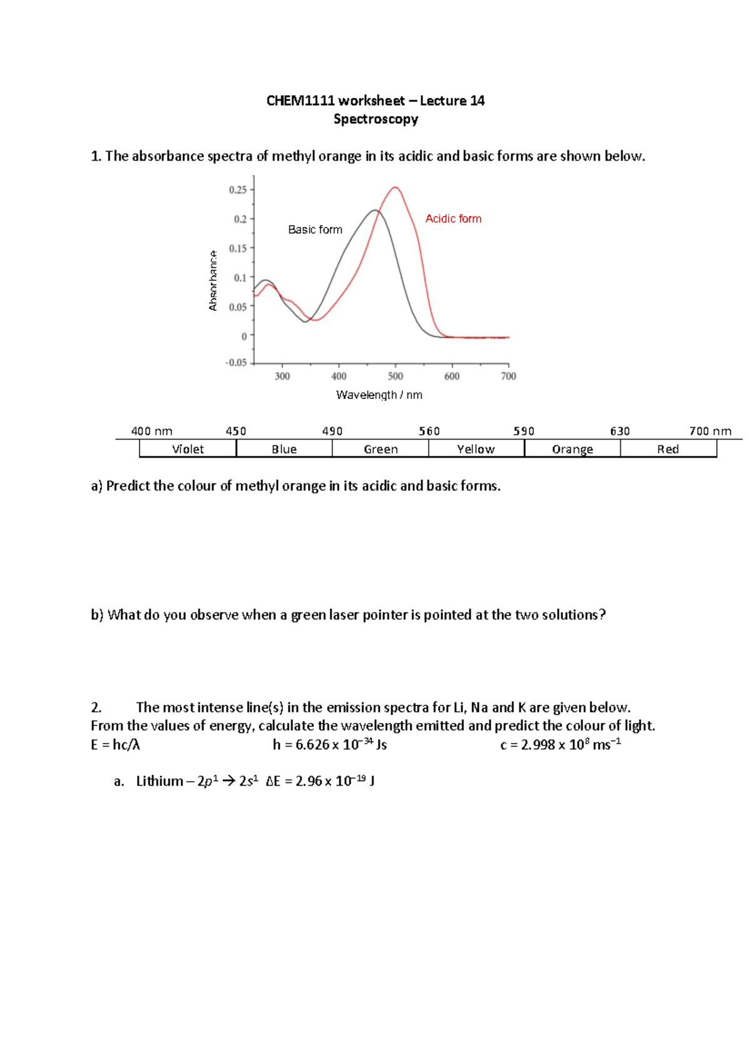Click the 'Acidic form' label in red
pyautogui.click(x=453, y=218)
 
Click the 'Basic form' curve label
pyautogui.click(x=315, y=230)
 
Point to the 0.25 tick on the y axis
pyautogui.click(x=238, y=190)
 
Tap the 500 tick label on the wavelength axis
pyautogui.click(x=395, y=376)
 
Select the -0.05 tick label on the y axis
pyautogui.click(x=236, y=363)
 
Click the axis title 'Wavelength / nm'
pyautogui.click(x=379, y=395)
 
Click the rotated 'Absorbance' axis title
pyautogui.click(x=213, y=280)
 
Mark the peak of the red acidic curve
pyautogui.click(x=396, y=187)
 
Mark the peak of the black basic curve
pyautogui.click(x=375, y=210)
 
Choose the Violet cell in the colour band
pyautogui.click(x=188, y=449)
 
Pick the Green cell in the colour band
pyautogui.click(x=381, y=449)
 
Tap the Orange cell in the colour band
pyautogui.click(x=572, y=449)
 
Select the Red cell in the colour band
pyautogui.click(x=668, y=449)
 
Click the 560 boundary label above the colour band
pyautogui.click(x=429, y=431)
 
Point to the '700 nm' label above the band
pyautogui.click(x=710, y=431)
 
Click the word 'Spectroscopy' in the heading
pyautogui.click(x=375, y=119)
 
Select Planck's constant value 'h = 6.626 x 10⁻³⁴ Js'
pyautogui.click(x=329, y=744)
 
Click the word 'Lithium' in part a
pyautogui.click(x=159, y=781)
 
